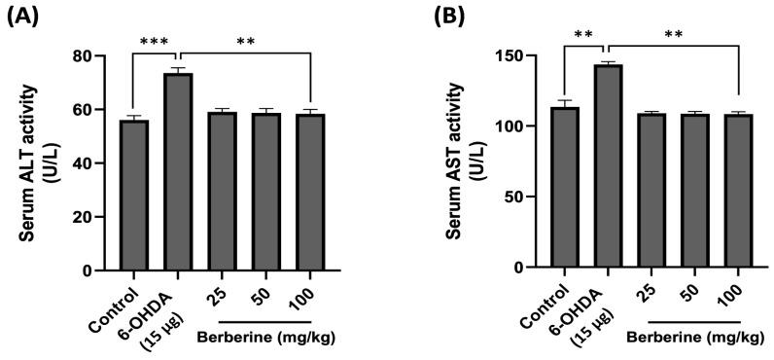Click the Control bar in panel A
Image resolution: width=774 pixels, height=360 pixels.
[134, 195]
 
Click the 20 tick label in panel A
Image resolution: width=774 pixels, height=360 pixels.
[95, 216]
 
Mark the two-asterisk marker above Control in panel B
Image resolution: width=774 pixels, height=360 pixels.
[582, 35]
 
